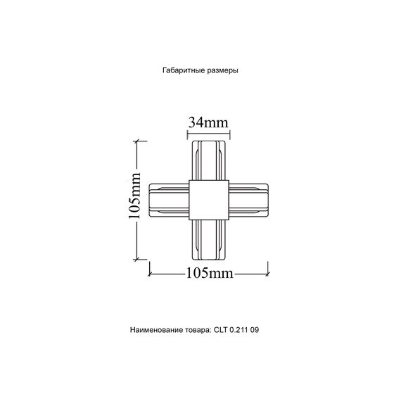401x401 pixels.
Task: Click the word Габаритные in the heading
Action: tap(182, 71)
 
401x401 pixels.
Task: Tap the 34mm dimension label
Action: tap(208, 122)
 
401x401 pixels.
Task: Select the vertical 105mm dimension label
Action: tap(136, 201)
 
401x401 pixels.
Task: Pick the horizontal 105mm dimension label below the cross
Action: tap(208, 274)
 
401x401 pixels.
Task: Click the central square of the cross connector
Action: tap(208, 200)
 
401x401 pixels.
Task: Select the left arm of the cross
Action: tap(169, 200)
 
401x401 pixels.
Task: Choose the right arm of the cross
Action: tap(248, 200)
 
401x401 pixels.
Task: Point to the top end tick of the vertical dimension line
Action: tap(136, 141)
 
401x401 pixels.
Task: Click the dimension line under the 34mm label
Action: tap(208, 132)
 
